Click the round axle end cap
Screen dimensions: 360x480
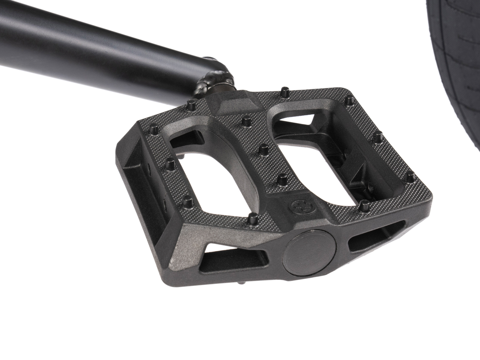[x=308, y=253]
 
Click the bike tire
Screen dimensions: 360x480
[x=456, y=60]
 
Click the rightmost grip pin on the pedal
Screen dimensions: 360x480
[x=410, y=176]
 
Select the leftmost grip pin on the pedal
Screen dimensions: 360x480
[x=154, y=128]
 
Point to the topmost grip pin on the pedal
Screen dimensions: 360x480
[x=284, y=92]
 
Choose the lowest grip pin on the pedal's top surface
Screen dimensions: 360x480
[x=253, y=218]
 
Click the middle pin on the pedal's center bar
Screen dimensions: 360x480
[x=263, y=150]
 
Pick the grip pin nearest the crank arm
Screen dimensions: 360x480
[x=191, y=105]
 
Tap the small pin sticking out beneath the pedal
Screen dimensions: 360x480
[x=241, y=283]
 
